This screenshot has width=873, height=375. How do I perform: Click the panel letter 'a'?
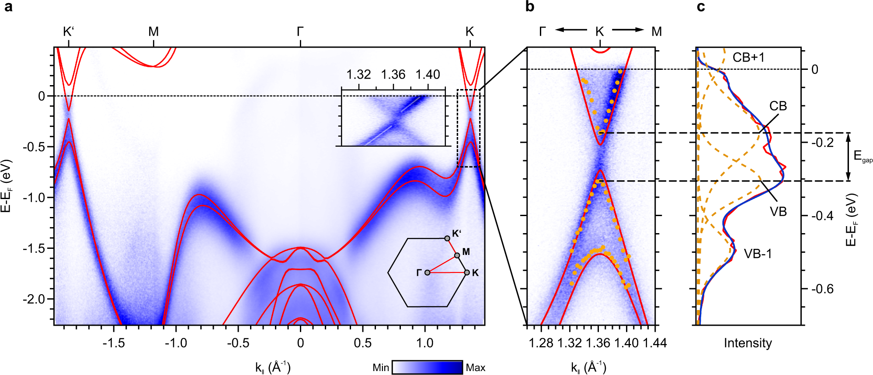click(x=8, y=7)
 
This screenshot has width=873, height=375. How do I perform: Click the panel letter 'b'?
click(x=530, y=7)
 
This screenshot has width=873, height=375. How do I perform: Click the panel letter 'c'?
click(x=701, y=7)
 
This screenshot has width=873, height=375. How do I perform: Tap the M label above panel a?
click(x=153, y=31)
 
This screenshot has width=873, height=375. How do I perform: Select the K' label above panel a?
click(x=69, y=31)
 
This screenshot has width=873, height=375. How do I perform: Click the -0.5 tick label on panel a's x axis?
click(x=238, y=343)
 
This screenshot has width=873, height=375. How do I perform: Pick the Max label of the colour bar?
click(x=475, y=368)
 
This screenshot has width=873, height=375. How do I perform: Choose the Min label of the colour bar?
click(x=380, y=368)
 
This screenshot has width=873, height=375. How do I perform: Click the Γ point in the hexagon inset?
click(x=427, y=272)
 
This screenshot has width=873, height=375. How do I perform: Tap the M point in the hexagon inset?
click(x=457, y=255)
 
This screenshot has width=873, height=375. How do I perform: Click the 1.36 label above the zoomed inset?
click(x=393, y=75)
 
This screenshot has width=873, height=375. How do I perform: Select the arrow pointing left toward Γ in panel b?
click(x=571, y=30)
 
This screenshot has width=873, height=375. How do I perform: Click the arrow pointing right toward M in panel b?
click(x=628, y=30)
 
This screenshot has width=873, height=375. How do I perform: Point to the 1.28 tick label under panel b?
click(x=541, y=343)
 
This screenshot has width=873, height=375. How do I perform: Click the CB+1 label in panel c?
click(x=748, y=58)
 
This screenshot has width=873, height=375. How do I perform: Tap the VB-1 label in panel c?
click(x=758, y=254)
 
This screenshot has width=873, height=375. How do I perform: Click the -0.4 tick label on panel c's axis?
click(x=822, y=216)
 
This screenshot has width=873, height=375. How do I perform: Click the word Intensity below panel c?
click(x=748, y=343)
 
